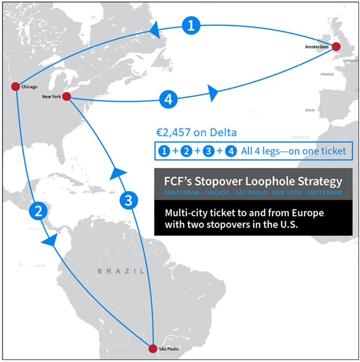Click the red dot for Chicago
(x=16, y=86)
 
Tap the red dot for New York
(x=66, y=96)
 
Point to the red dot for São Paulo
(x=152, y=348)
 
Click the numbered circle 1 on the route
(x=192, y=25)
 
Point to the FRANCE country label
(x=327, y=74)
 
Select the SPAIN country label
(x=310, y=110)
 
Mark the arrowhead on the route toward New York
(x=119, y=172)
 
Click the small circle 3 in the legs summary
(x=209, y=151)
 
